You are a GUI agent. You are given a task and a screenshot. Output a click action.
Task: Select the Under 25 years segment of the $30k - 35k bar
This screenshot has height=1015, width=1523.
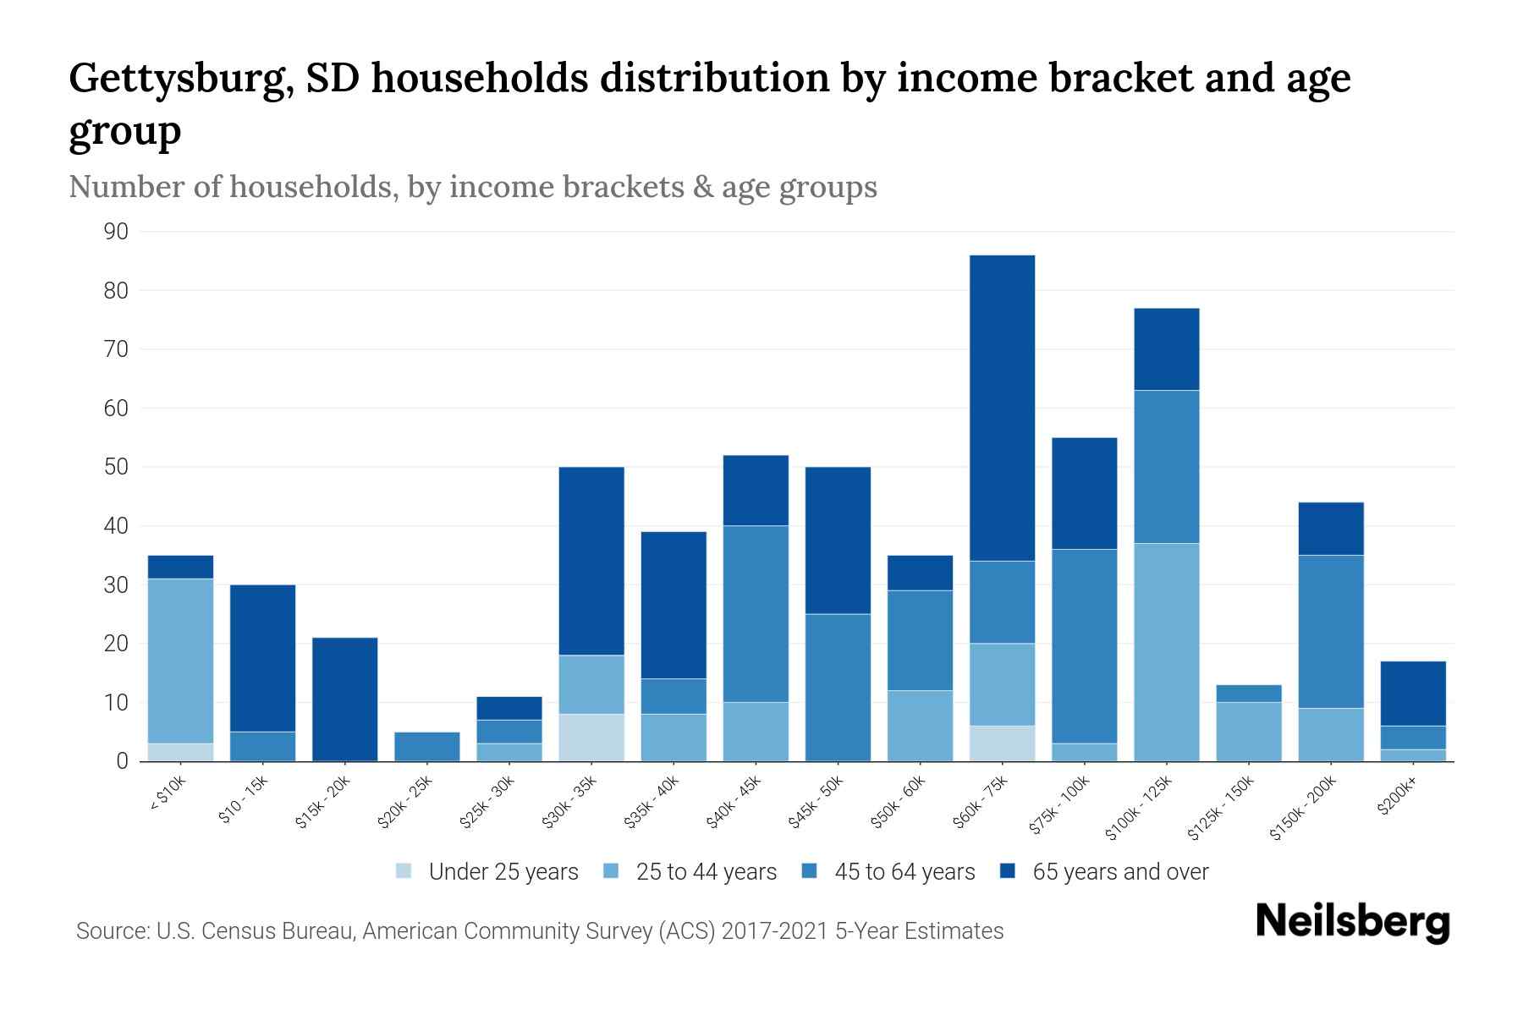pyautogui.click(x=591, y=738)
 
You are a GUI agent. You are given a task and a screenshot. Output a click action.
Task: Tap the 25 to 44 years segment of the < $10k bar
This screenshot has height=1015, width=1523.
pyautogui.click(x=180, y=661)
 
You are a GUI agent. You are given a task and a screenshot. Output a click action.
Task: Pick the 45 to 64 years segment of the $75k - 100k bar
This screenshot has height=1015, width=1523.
pyautogui.click(x=1085, y=646)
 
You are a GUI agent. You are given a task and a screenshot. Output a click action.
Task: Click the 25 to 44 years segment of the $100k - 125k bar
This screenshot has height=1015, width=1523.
pyautogui.click(x=1167, y=652)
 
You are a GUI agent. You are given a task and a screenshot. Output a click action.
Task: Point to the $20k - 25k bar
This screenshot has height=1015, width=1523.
pyautogui.click(x=427, y=747)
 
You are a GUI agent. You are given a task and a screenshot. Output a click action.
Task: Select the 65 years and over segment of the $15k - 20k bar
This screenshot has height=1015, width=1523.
pyautogui.click(x=345, y=700)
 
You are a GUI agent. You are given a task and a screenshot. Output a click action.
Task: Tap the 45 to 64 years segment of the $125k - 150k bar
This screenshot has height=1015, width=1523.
pyautogui.click(x=1249, y=694)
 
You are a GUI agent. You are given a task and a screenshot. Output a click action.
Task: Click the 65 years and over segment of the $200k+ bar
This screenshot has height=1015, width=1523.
pyautogui.click(x=1413, y=694)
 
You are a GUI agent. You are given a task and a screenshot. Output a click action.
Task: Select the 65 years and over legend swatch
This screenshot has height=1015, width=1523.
pyautogui.click(x=1008, y=871)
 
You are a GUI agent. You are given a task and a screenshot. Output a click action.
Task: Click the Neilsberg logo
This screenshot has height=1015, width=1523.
pyautogui.click(x=1352, y=922)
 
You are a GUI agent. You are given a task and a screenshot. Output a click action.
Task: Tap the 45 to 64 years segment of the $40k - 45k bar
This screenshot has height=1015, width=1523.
pyautogui.click(x=756, y=614)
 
